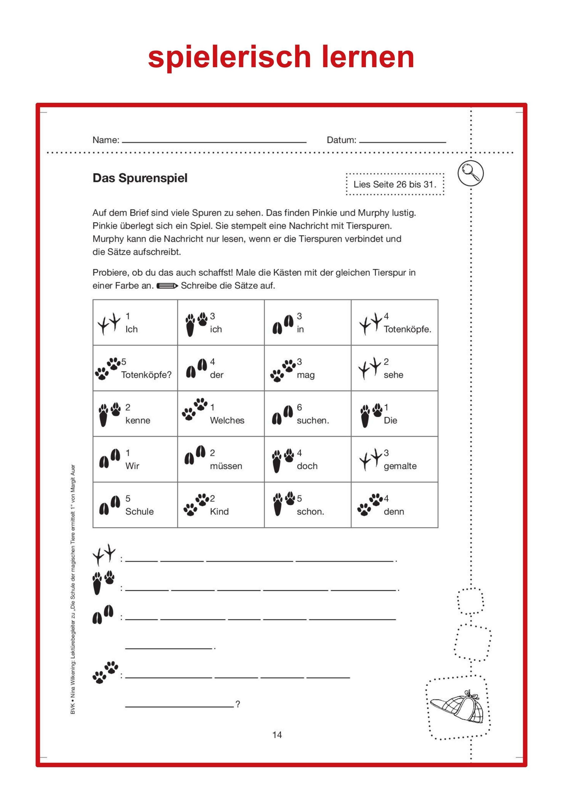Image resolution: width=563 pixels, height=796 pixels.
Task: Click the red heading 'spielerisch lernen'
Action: coord(281,57)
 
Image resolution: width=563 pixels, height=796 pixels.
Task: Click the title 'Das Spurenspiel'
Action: coord(140,178)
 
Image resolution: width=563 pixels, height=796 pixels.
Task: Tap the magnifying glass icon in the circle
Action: coord(470,173)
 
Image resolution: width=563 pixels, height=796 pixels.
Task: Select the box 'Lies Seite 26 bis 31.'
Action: coord(395,185)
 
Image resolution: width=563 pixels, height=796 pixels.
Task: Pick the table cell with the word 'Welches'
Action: coord(221,414)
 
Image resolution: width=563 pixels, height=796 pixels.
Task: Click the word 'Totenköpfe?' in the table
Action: coord(146,375)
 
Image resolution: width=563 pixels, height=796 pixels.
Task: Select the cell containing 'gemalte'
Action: coord(394,459)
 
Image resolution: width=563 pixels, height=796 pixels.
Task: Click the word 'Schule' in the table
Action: coord(139,511)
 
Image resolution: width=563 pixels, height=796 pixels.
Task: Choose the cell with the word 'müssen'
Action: coord(221,459)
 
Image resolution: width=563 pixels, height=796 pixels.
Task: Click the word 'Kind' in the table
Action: coord(219,511)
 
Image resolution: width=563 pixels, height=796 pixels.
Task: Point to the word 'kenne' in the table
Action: coord(138,421)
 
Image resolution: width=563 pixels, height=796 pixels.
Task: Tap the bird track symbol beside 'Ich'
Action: coord(109,323)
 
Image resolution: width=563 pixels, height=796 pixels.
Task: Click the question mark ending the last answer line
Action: coord(238,704)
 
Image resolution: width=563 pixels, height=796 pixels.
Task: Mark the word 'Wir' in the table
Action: coord(132,466)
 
